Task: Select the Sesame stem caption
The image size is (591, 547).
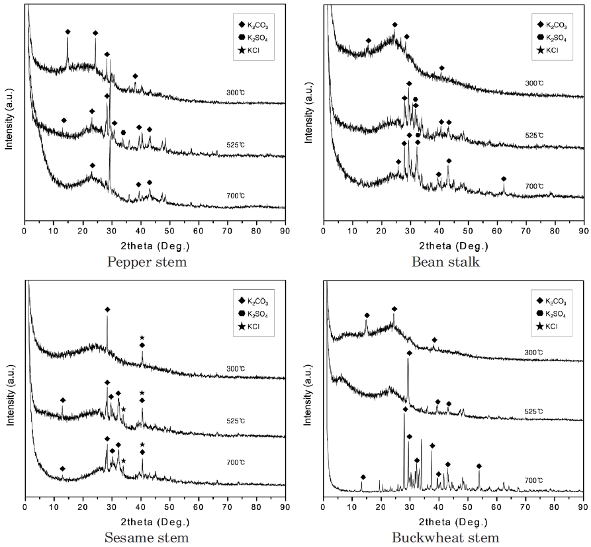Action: (x=146, y=537)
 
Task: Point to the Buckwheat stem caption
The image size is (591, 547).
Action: (x=445, y=537)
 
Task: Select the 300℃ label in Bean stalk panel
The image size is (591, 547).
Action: (x=534, y=83)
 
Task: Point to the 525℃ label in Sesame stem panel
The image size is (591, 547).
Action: (x=236, y=411)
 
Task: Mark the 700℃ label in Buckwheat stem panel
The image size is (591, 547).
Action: (x=534, y=480)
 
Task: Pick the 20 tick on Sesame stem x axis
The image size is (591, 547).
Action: (x=82, y=507)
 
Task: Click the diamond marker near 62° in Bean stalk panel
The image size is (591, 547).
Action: (x=504, y=179)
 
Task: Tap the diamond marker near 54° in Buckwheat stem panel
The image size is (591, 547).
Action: (x=479, y=466)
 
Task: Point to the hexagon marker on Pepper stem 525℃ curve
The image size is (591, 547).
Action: (x=123, y=133)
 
